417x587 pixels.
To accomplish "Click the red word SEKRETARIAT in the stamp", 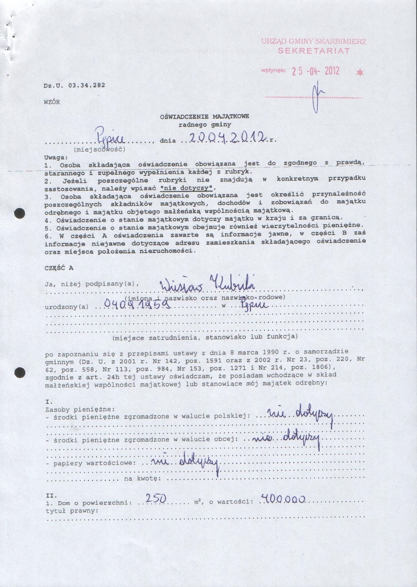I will (x=314, y=51).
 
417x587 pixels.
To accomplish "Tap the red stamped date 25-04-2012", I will (x=316, y=71).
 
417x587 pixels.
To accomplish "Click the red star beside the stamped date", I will (x=360, y=72).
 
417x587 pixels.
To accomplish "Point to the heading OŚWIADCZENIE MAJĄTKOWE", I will (x=204, y=117).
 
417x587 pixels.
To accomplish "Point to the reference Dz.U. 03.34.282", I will (x=74, y=85).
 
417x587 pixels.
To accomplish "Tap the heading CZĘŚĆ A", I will (x=59, y=268).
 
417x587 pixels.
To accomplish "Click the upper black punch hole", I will (x=20, y=213).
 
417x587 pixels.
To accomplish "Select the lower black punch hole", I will (x=20, y=372).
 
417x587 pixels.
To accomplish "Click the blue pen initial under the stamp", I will (x=318, y=96).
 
